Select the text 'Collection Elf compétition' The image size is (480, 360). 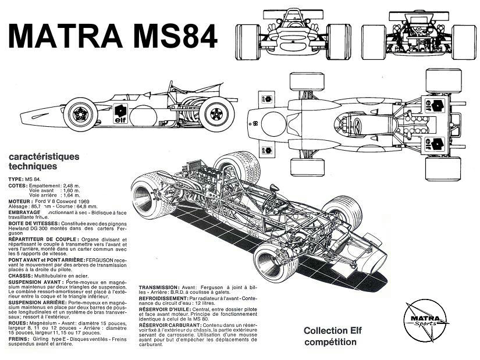coord(329,336)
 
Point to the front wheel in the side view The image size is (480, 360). coord(80,113)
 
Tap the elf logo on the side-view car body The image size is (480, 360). coord(120,113)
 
